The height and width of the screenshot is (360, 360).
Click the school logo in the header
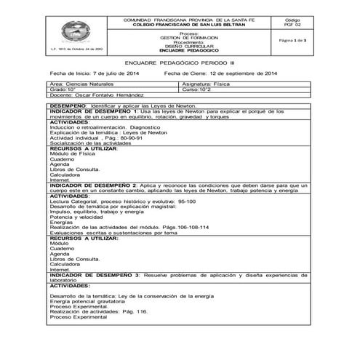tap(77, 32)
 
